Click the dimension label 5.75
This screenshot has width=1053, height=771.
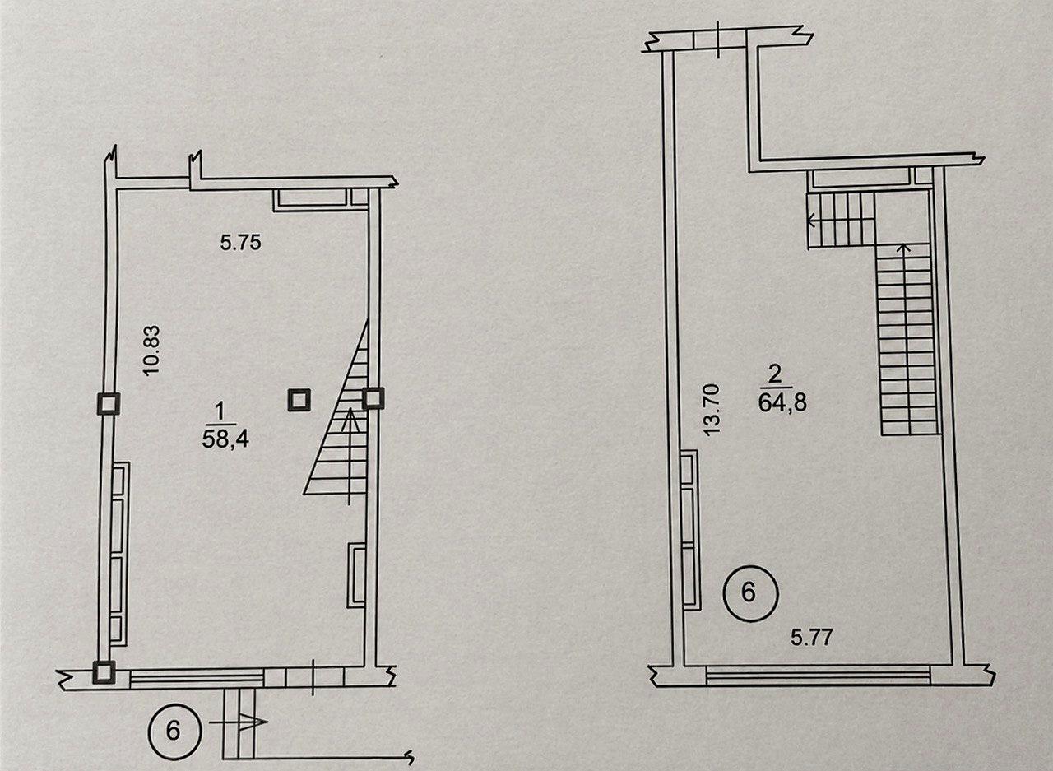pos(241,243)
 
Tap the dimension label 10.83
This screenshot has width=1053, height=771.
pos(152,351)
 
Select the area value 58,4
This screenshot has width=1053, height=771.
pos(225,440)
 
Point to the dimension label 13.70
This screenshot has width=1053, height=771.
pos(712,410)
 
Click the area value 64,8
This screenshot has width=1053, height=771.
pos(782,403)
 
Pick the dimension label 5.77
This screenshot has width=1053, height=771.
pos(812,638)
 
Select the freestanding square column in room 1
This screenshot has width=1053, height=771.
pos(299,401)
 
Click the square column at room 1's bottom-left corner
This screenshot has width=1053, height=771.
pos(104,673)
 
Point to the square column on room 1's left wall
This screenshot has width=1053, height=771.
pos(109,404)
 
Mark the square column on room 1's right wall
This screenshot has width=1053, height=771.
pos(373,398)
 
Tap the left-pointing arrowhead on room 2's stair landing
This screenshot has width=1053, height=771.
pos(811,219)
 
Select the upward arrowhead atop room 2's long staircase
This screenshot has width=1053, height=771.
pos(902,247)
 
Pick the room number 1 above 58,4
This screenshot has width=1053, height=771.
pos(219,412)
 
